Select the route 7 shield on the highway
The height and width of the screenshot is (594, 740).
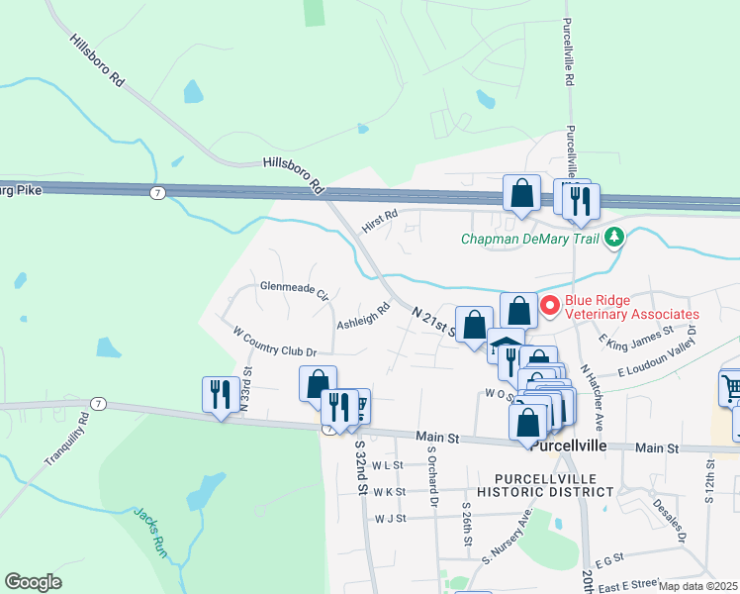(x=157, y=191)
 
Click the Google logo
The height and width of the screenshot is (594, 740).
(x=33, y=581)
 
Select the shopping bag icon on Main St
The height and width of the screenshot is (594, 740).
(x=527, y=422)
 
